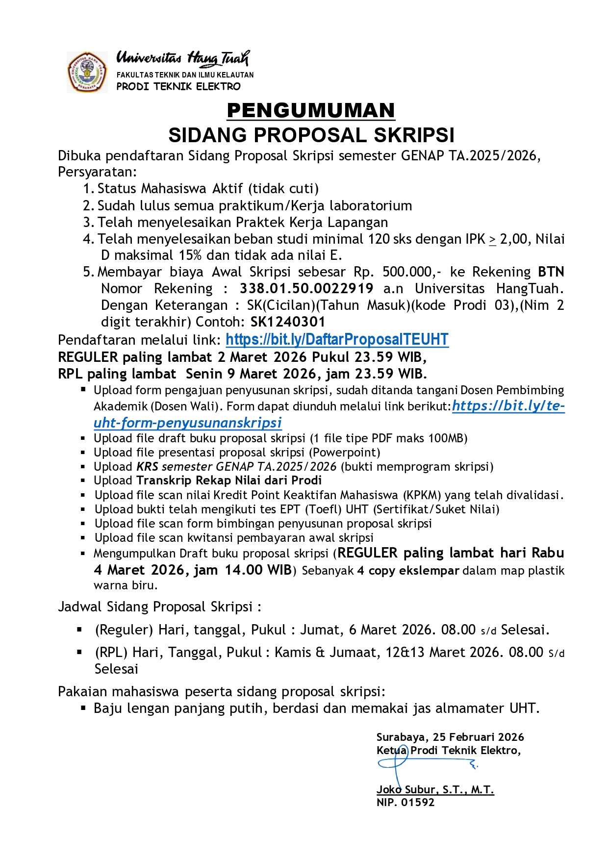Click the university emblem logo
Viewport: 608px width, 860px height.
[x=87, y=73]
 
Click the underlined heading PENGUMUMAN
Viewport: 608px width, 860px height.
[x=311, y=111]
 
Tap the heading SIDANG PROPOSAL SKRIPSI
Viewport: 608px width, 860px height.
[x=311, y=135]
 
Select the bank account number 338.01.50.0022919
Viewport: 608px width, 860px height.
[x=306, y=288]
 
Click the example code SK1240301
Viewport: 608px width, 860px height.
[x=288, y=322]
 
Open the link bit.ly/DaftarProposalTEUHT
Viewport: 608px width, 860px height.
[x=337, y=339]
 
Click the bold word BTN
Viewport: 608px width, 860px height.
[x=551, y=272]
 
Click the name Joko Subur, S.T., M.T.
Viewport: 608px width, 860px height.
[x=435, y=789]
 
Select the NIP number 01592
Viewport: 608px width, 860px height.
[x=418, y=802]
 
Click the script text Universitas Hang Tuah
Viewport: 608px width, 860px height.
[x=183, y=58]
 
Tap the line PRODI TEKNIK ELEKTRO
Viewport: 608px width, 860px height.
[x=178, y=86]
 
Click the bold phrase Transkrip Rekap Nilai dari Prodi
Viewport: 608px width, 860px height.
[x=229, y=480]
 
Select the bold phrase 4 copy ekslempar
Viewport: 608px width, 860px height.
[x=408, y=570]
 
